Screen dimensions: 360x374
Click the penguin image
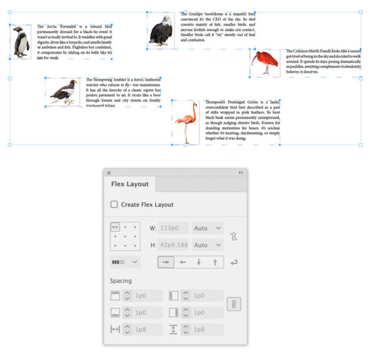(x=21, y=42)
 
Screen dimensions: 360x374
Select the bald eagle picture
(x=161, y=31)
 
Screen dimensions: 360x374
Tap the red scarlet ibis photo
(x=266, y=62)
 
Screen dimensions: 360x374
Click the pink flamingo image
(x=186, y=121)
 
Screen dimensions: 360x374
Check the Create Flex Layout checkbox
(x=114, y=204)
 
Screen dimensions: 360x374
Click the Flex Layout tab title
(x=130, y=184)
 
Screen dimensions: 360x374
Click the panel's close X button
(x=108, y=173)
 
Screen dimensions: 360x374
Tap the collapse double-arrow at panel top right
(x=241, y=173)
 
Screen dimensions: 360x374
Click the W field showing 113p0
(x=173, y=228)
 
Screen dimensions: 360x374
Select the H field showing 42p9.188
(x=173, y=245)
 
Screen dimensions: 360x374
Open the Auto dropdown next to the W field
(x=208, y=228)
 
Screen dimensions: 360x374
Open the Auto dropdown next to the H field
(x=208, y=245)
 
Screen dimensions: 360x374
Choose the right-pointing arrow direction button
(x=166, y=262)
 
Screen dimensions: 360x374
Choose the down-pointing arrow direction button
(x=199, y=262)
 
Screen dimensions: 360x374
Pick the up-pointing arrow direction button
(x=215, y=262)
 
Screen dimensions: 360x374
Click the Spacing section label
(x=122, y=281)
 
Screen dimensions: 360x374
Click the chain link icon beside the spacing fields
(x=237, y=304)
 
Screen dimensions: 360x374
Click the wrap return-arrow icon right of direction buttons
(x=234, y=262)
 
